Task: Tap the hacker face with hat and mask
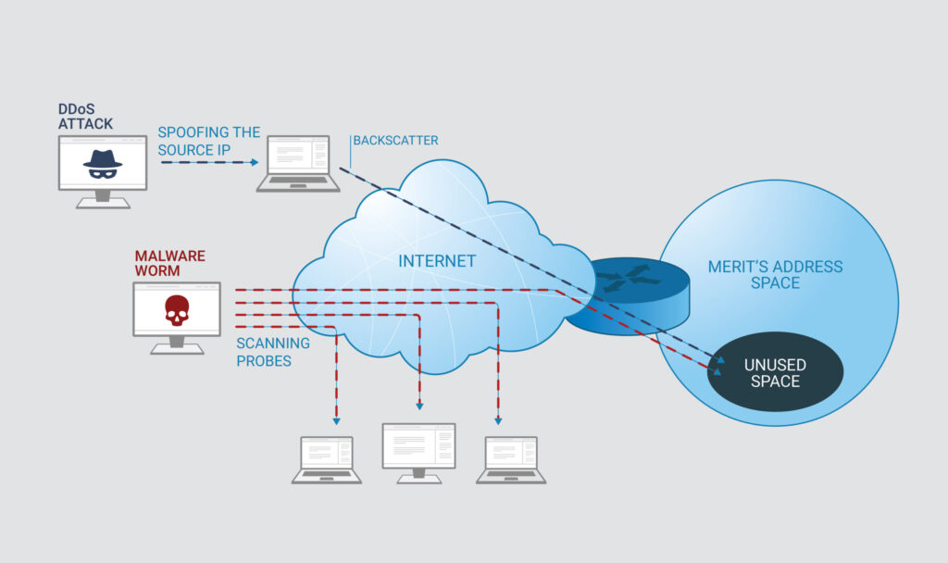102,162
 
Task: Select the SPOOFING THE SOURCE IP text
208,141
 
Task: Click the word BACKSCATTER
397,141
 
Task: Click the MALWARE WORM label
169,263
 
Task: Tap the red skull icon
176,310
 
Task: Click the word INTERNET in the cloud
437,261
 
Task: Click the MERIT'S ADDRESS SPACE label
776,275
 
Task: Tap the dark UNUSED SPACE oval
775,372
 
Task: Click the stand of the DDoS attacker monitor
102,199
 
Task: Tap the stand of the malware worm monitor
176,345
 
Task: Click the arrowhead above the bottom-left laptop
336,420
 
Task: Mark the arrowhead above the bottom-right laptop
498,420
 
